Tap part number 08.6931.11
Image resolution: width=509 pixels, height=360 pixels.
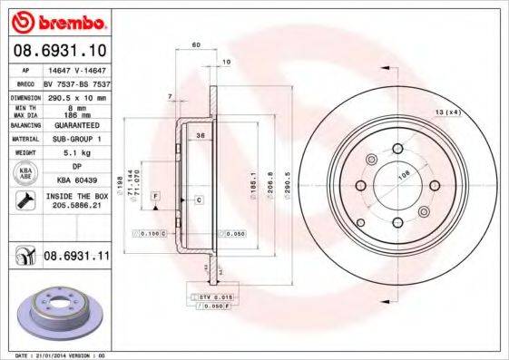pos(75,258)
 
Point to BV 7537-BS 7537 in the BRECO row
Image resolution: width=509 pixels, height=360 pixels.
pos(76,83)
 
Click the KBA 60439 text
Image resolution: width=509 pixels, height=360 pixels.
pos(76,181)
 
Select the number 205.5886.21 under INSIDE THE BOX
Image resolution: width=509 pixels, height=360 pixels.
pos(76,208)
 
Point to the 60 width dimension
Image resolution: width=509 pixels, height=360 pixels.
pos(195,44)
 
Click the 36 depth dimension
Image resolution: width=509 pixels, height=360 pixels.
pos(201,135)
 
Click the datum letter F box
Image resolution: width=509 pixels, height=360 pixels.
pos(156,196)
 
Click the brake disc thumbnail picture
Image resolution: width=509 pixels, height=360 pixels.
pos(58,313)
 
